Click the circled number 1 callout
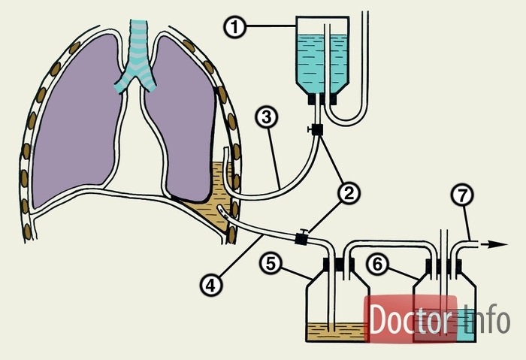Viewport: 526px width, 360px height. [235, 27]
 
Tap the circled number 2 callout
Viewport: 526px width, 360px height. [348, 193]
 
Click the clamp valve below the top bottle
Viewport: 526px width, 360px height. [317, 129]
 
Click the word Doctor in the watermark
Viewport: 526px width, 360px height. [411, 320]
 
